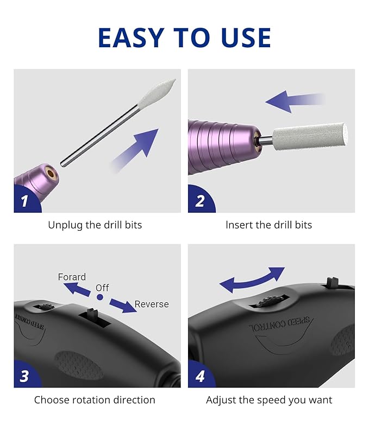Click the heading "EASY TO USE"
pos(184,37)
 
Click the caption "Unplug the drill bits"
pos(95,225)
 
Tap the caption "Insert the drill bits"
pos(269,225)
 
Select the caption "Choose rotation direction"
pos(95,400)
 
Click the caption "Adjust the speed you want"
pos(269,400)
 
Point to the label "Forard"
pos(72,277)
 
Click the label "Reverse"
pos(152,304)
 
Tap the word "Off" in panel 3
pos(102,288)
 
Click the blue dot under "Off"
pos(100,297)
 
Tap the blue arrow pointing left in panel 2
pos(293,101)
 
